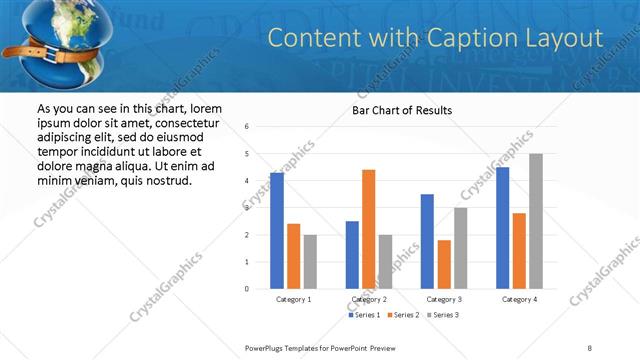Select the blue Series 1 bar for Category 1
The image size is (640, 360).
277,230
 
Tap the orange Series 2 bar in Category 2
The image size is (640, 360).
368,229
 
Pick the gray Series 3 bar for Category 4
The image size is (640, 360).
536,221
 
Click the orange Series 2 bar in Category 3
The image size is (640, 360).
444,264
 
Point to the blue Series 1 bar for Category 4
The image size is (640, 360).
502,228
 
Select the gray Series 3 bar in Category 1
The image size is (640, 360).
310,261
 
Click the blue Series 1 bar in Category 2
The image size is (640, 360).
352,255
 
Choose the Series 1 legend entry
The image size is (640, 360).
363,315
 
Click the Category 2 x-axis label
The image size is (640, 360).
369,299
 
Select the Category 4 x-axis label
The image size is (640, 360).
519,299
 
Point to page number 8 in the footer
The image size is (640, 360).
589,347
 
